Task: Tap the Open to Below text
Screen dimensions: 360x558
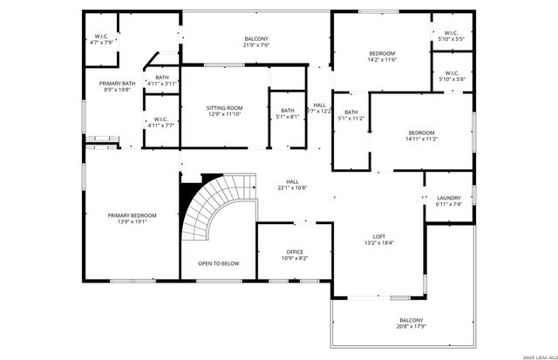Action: pos(218,263)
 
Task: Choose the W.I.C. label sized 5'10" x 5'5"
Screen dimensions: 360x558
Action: pos(452,36)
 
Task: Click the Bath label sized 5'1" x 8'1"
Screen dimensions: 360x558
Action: pos(288,113)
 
